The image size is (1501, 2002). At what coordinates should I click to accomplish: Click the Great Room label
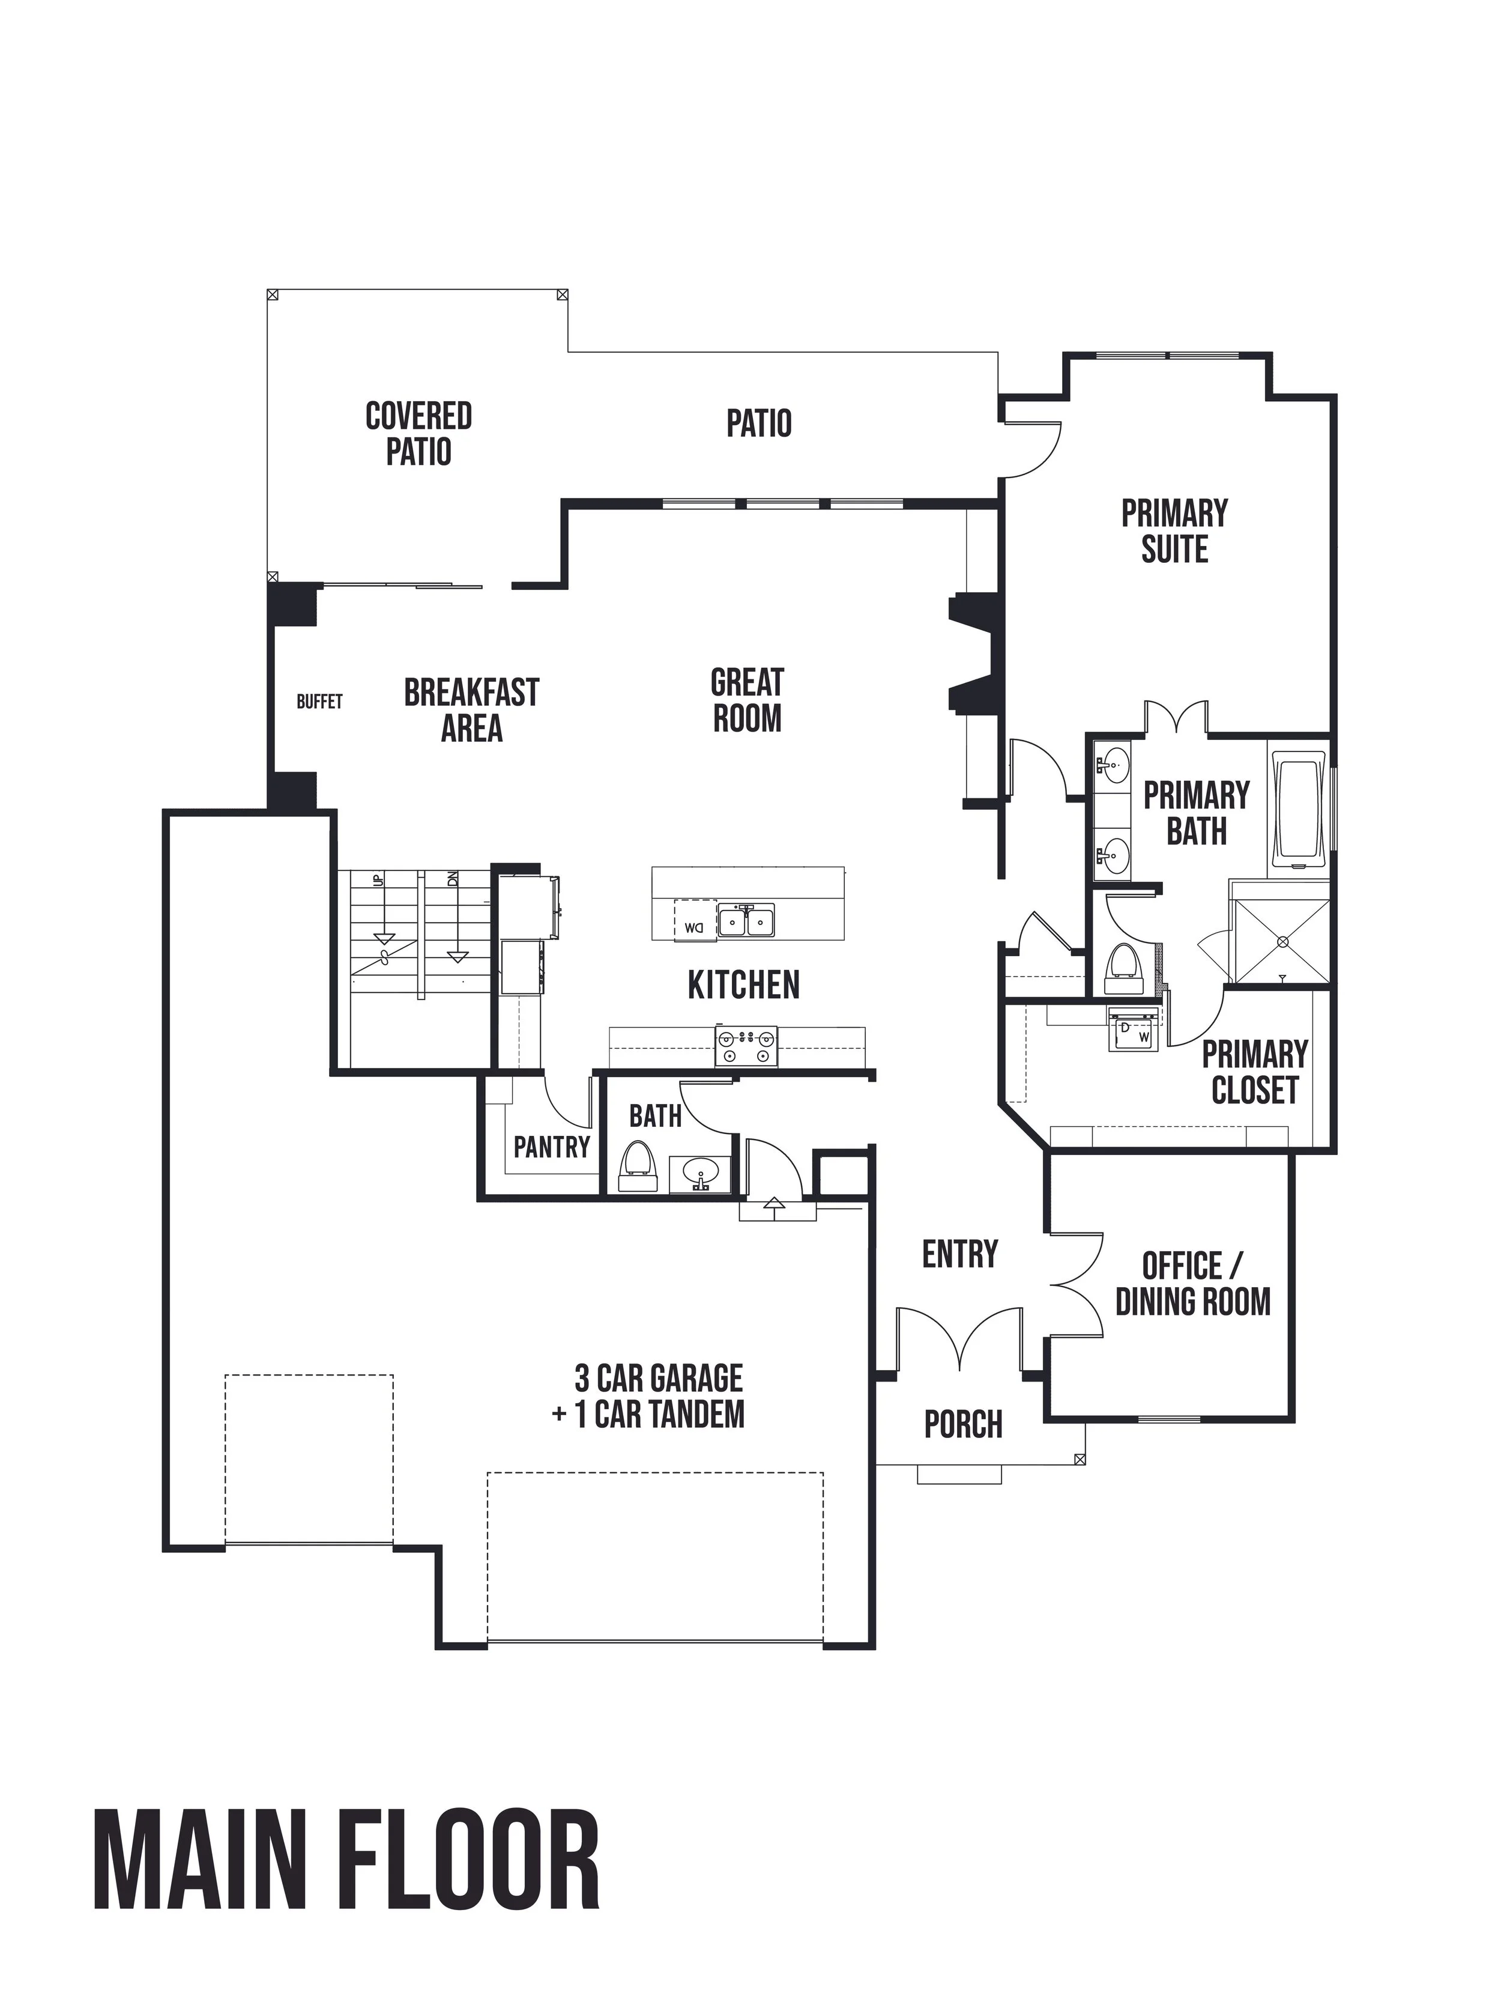click(x=746, y=700)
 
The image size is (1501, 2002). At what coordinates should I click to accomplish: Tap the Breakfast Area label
click(x=471, y=711)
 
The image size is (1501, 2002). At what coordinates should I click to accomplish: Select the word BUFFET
click(x=319, y=702)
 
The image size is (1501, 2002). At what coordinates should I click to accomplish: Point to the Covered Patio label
click(x=418, y=434)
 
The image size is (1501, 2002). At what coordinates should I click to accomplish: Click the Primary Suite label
click(x=1174, y=531)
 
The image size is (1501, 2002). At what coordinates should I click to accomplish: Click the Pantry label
click(x=552, y=1148)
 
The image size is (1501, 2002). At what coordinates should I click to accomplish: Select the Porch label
click(x=964, y=1425)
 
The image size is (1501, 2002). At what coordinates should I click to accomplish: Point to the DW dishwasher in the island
click(x=695, y=921)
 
